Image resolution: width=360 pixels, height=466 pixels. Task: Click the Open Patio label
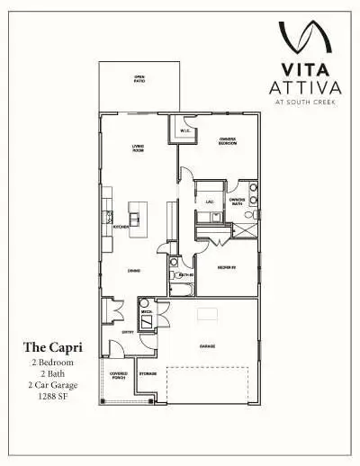tap(139, 79)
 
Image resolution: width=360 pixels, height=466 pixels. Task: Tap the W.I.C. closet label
tap(184, 131)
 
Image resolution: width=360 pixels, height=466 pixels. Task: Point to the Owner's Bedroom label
tap(229, 141)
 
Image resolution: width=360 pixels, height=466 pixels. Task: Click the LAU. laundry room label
tap(209, 202)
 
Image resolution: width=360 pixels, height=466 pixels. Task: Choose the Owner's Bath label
tap(237, 202)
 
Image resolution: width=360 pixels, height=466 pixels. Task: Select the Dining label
tap(133, 270)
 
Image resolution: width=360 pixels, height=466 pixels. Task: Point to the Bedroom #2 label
tap(227, 267)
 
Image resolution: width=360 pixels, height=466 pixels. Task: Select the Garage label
tap(207, 345)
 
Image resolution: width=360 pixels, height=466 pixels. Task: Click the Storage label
tap(148, 372)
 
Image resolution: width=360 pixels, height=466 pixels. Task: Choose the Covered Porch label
tap(119, 374)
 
